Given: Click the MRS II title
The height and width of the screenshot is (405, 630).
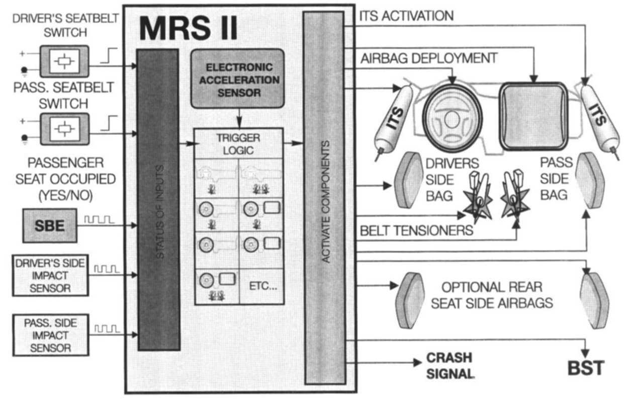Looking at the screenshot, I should pos(188,29).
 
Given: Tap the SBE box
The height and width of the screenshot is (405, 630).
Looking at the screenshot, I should pos(50,225).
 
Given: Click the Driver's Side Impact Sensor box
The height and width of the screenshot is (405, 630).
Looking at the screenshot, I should pos(50,275).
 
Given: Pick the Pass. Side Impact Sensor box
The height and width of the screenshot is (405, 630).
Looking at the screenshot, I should pos(50,334).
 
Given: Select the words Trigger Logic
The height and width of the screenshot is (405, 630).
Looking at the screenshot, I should pos(239,143).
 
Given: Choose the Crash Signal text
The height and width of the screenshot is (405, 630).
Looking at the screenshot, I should pos(449,366).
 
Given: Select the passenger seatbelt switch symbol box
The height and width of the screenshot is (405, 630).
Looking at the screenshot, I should pos(64,128).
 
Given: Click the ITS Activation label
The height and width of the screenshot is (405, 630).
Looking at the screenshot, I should pos(406,16).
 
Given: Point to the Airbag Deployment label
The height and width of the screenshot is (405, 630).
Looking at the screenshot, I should pos(428,58).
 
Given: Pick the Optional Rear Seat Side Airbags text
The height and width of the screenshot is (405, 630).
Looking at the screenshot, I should pos(492,295).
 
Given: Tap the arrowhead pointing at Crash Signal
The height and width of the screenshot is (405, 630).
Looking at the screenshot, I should pos(417,362).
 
